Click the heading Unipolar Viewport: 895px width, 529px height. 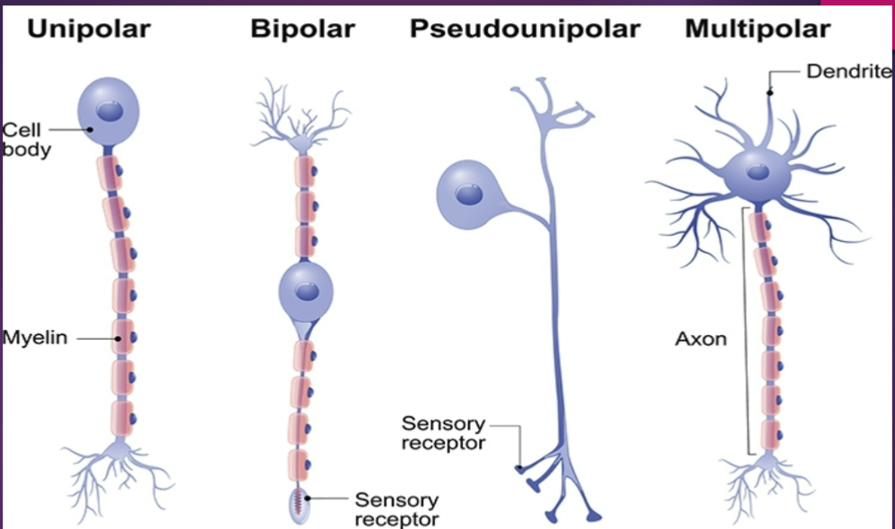tap(88, 29)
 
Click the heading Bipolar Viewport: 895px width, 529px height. tap(302, 29)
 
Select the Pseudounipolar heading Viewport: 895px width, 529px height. tap(525, 29)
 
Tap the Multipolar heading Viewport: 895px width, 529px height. tap(757, 29)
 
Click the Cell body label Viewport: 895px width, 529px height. tap(26, 140)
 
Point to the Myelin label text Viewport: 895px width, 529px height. tap(35, 339)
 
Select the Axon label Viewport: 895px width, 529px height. tap(700, 340)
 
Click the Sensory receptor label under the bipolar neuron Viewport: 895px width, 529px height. tap(396, 508)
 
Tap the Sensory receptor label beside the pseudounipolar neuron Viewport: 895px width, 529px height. tap(443, 432)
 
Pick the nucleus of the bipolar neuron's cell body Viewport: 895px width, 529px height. tap(307, 291)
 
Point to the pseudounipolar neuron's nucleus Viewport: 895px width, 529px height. tap(467, 194)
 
